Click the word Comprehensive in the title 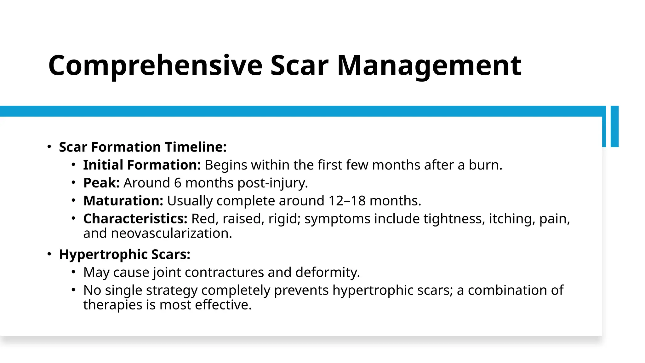pos(155,66)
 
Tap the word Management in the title pos(429,66)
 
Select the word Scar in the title pos(299,66)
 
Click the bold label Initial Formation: pos(142,165)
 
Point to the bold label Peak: pos(101,183)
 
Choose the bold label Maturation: pos(123,201)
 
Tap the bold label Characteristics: pos(135,219)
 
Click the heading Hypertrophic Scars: pos(125,255)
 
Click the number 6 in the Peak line pos(178,183)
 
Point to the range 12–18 pos(347,201)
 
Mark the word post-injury pos(272,183)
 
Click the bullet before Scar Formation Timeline pos(49,147)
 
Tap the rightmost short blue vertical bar pos(614,126)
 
